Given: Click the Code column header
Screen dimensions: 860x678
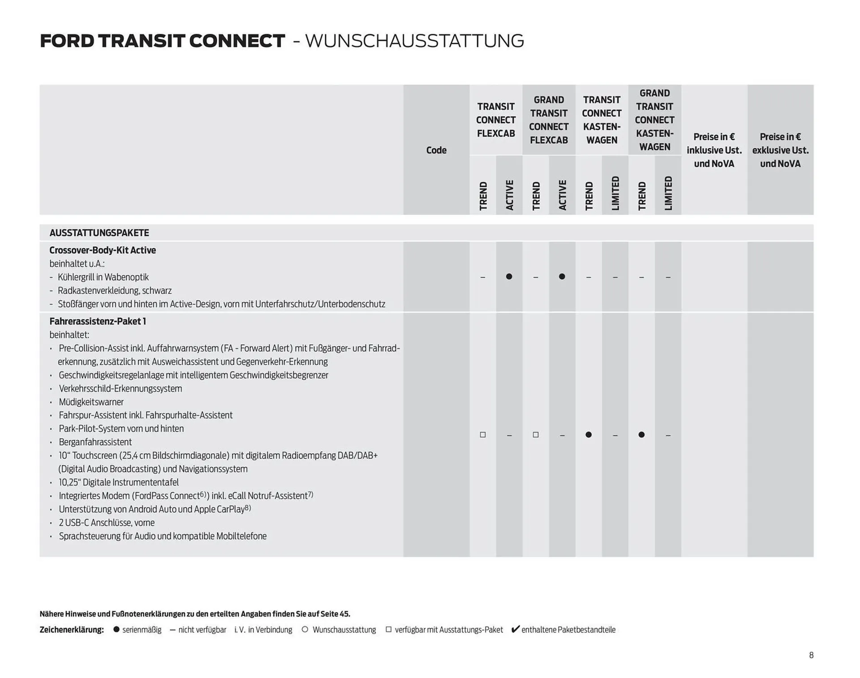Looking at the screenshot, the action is pyautogui.click(x=436, y=150).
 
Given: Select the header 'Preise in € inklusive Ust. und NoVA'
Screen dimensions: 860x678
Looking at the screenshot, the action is pyautogui.click(x=714, y=150).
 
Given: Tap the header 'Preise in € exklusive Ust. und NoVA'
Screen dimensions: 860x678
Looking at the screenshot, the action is pyautogui.click(x=780, y=150).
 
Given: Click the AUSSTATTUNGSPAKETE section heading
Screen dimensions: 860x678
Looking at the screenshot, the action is pyautogui.click(x=99, y=233).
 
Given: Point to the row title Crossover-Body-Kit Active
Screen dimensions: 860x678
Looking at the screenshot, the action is pyautogui.click(x=103, y=250).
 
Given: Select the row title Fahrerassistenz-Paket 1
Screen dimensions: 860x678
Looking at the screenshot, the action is pyautogui.click(x=98, y=322).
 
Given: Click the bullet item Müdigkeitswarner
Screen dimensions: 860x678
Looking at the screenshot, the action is pyautogui.click(x=91, y=402).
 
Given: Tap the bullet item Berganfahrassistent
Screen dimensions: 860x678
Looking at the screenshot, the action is pyautogui.click(x=95, y=442).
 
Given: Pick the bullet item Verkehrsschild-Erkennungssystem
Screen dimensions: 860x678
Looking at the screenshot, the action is pyautogui.click(x=120, y=389).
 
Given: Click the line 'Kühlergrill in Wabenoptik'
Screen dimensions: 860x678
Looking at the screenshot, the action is pyautogui.click(x=103, y=277).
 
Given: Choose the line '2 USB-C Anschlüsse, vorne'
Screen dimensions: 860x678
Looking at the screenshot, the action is pyautogui.click(x=107, y=523).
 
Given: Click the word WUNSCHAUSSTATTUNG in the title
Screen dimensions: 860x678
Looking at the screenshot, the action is pyautogui.click(x=414, y=41).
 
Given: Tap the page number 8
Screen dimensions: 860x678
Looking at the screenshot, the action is pyautogui.click(x=811, y=655).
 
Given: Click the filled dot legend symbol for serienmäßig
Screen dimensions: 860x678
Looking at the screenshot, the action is pyautogui.click(x=116, y=629).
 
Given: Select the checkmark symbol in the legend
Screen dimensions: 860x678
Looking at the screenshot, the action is pyautogui.click(x=515, y=629).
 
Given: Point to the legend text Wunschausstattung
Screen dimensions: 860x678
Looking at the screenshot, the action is pyautogui.click(x=344, y=630).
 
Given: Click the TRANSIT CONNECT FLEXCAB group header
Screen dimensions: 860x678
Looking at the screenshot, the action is pyautogui.click(x=495, y=120).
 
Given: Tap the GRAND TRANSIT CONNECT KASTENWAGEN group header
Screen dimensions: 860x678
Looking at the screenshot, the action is pyautogui.click(x=654, y=120).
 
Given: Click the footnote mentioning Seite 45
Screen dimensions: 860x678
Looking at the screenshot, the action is pyautogui.click(x=195, y=614).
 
